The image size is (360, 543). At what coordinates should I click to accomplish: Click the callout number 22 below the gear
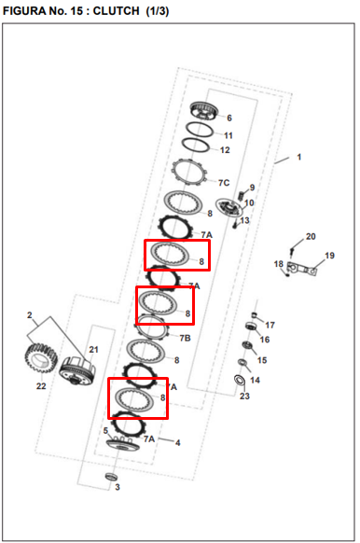coord(41,385)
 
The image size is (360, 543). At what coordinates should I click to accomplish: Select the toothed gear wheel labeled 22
coord(41,358)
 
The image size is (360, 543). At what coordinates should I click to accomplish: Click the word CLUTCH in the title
coord(116,11)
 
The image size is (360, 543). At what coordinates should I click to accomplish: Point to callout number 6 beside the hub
coord(229,118)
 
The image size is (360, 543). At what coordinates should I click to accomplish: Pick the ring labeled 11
coord(200,130)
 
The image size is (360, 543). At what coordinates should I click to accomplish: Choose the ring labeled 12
coord(196,145)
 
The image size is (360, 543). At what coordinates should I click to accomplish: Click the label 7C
coord(224,183)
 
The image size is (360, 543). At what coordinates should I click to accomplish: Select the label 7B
coord(186,338)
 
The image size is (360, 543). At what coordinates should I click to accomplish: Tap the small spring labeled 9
coord(242,196)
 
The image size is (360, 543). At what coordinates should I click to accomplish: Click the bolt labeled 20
coord(292,251)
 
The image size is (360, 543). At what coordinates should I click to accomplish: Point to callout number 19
coord(329,256)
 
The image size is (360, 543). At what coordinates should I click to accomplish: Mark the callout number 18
coord(279,264)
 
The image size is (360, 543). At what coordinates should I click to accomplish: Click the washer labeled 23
coord(239,380)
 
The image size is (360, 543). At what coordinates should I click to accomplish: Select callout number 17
coord(270,325)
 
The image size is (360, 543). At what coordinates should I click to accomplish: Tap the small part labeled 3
coord(111,477)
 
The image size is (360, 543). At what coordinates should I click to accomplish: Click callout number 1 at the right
coord(299,158)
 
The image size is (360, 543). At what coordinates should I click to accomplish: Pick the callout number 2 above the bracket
coord(30,315)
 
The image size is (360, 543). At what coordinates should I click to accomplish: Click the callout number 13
coord(244,220)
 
